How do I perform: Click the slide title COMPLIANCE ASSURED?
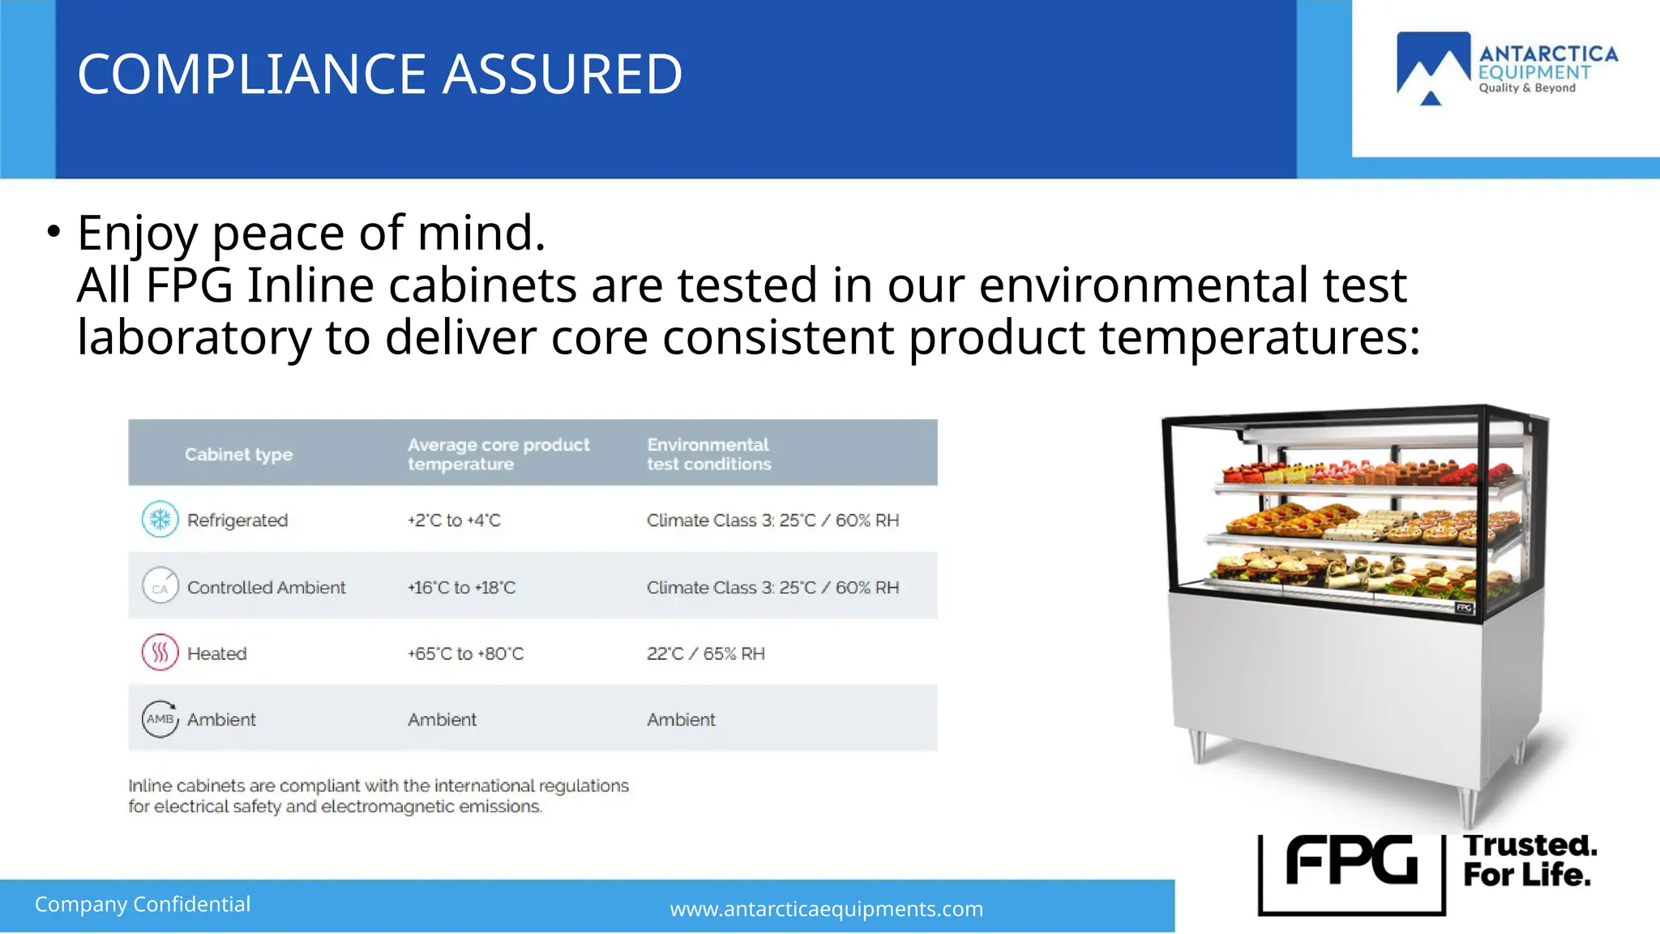pyautogui.click(x=379, y=75)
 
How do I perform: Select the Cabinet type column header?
pyautogui.click(x=238, y=454)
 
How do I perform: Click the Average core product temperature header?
pyautogui.click(x=498, y=454)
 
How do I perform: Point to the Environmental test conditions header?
pyautogui.click(x=708, y=454)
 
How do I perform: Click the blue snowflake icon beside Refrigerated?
pyautogui.click(x=160, y=520)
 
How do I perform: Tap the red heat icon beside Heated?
pyautogui.click(x=160, y=653)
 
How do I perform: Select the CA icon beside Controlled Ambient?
pyautogui.click(x=160, y=586)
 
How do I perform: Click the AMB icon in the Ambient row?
pyautogui.click(x=160, y=719)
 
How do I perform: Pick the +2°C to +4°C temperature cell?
pyautogui.click(x=454, y=521)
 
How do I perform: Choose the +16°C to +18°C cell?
pyautogui.click(x=461, y=588)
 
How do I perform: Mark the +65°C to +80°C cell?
pyautogui.click(x=465, y=653)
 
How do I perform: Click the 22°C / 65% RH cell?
pyautogui.click(x=705, y=653)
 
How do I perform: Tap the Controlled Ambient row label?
pyautogui.click(x=266, y=588)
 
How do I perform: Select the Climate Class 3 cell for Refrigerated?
pyautogui.click(x=772, y=521)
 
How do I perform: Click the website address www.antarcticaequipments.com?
pyautogui.click(x=826, y=909)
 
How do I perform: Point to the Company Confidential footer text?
pyautogui.click(x=143, y=904)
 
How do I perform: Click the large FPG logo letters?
pyautogui.click(x=1351, y=861)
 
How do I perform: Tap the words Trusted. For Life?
pyautogui.click(x=1529, y=860)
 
